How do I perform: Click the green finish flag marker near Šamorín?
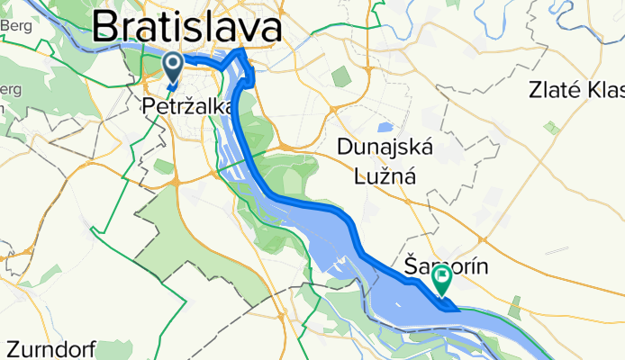[x=443, y=277]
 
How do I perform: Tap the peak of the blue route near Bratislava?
[x=240, y=52]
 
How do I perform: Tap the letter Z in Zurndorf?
[x=13, y=347]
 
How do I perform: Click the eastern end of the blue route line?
[x=457, y=310]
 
